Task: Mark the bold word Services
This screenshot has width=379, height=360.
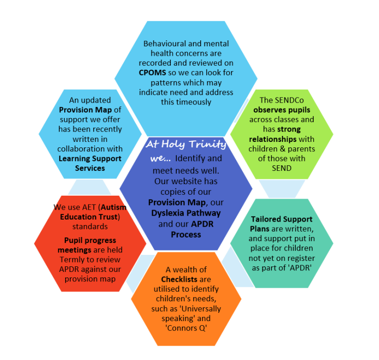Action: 90,168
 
